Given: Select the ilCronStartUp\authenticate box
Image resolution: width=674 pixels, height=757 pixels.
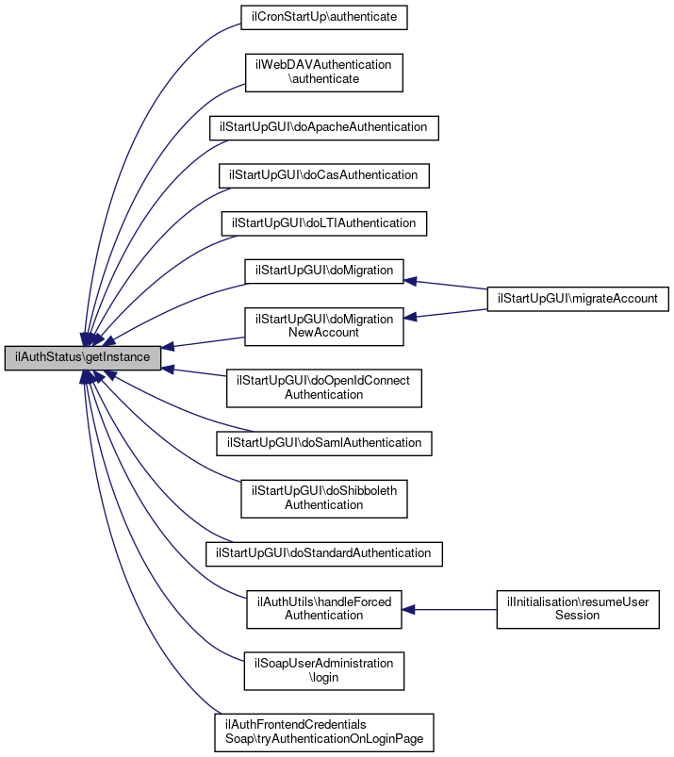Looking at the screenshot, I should [x=324, y=17].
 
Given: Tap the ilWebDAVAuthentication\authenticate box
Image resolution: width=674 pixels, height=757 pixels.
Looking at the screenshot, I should [x=324, y=72].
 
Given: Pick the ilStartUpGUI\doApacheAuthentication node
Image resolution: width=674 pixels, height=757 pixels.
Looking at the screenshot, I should [x=323, y=126].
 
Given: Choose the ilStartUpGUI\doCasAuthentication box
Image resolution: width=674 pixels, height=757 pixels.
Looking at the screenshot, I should [x=324, y=175].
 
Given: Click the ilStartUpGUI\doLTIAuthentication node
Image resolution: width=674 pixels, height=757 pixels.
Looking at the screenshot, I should [x=324, y=223].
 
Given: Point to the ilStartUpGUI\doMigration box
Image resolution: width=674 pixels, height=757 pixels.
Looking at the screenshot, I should [x=324, y=271].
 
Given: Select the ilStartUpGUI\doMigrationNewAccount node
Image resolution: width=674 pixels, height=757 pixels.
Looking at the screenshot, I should [x=324, y=325].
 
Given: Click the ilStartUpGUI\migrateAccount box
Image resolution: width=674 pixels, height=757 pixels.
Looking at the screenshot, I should [x=578, y=298].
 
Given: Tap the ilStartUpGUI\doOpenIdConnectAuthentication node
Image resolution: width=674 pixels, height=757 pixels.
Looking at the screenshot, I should [x=324, y=387].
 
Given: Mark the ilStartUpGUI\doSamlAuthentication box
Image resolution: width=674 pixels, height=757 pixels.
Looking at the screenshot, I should [x=324, y=441].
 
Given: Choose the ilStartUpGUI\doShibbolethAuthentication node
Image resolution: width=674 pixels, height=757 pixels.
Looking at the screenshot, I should [x=324, y=497].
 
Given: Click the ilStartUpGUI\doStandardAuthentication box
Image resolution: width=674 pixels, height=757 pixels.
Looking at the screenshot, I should [x=324, y=552].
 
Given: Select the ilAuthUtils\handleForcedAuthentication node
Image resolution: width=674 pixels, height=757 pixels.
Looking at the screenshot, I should [x=324, y=608].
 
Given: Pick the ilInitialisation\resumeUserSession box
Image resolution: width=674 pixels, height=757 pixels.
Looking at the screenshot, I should [x=578, y=608].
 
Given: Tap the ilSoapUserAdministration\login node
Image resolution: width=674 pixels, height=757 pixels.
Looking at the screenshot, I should [x=324, y=670].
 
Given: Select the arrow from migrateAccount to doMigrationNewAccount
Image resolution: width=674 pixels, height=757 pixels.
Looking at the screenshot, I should [x=448, y=313].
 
